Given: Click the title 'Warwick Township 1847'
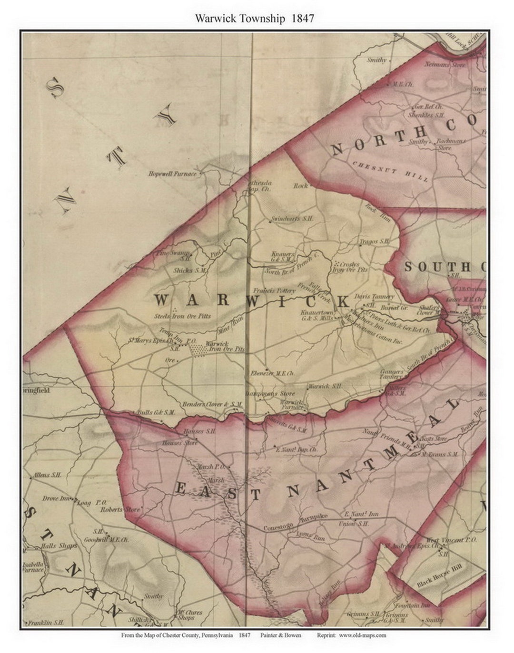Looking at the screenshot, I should (254, 19).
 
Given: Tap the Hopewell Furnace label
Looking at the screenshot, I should (172, 174).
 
